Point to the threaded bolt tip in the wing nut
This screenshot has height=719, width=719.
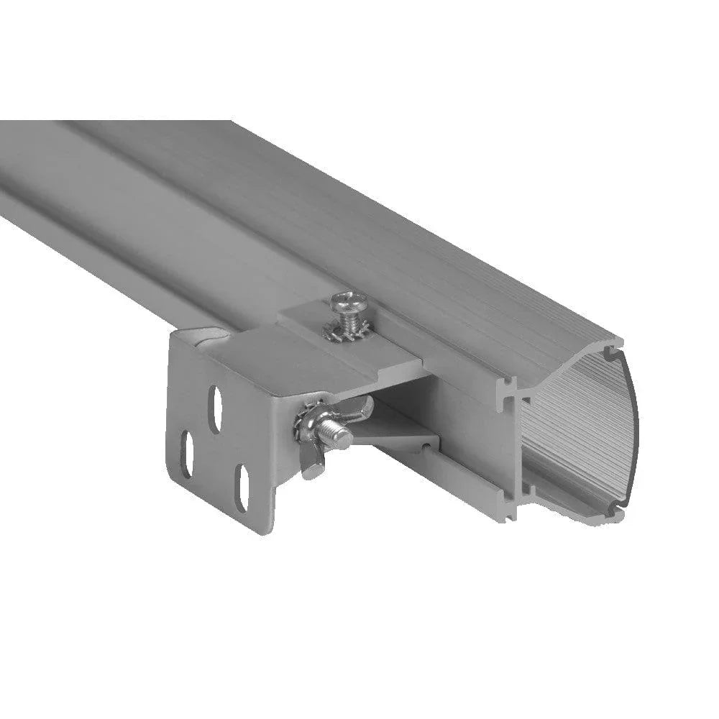[x=338, y=435]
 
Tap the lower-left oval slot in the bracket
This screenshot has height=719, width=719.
[x=186, y=455]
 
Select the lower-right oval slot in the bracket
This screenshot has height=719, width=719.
[x=242, y=489]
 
